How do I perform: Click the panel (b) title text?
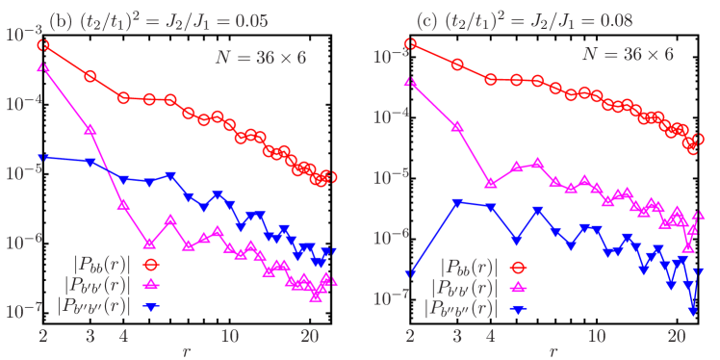pyautogui.click(x=159, y=19)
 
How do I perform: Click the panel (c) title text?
pyautogui.click(x=526, y=19)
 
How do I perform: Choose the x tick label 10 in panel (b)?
pyautogui.click(x=230, y=335)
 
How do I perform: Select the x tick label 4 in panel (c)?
pyautogui.click(x=491, y=335)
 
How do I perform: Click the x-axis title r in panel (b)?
pyautogui.click(x=186, y=350)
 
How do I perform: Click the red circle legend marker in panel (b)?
pyautogui.click(x=151, y=262)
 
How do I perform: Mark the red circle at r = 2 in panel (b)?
pyautogui.click(x=43, y=45)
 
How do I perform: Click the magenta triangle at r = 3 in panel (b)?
pyautogui.click(x=90, y=128)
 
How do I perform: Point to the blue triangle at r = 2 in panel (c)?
pyautogui.click(x=410, y=273)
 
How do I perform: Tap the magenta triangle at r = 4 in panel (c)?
pyautogui.click(x=491, y=182)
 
